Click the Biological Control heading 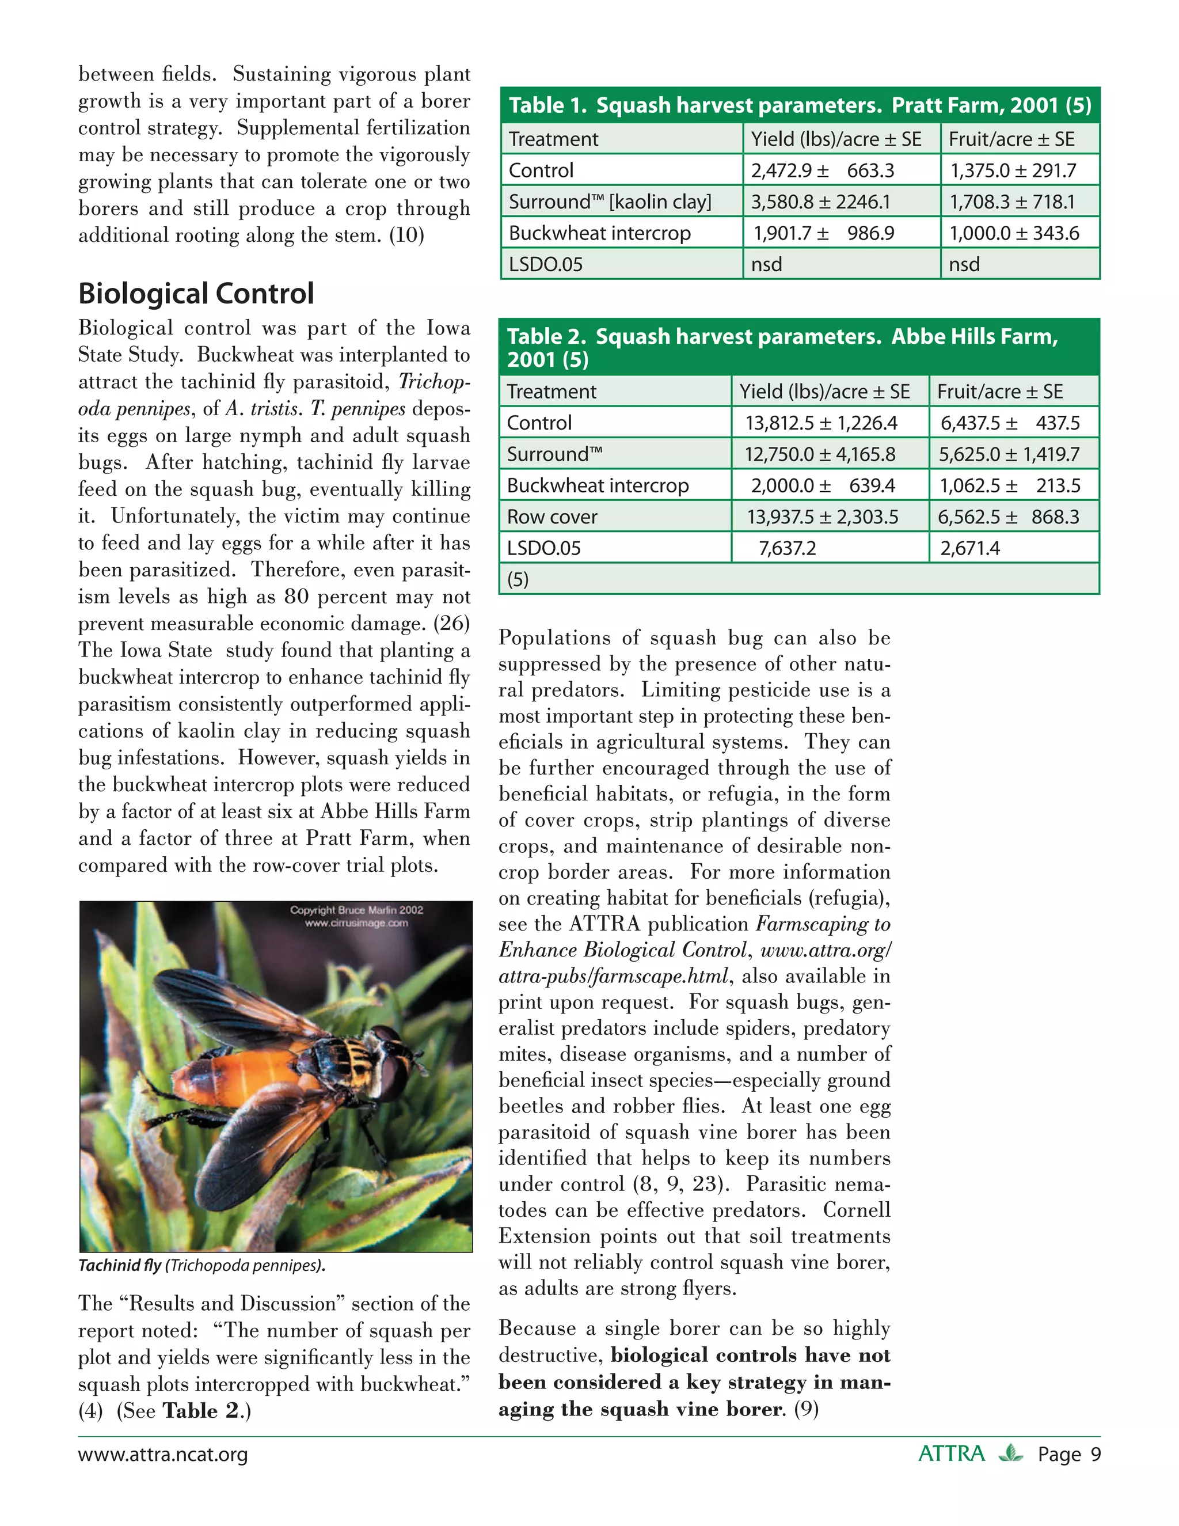pyautogui.click(x=196, y=294)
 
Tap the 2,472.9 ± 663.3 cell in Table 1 pyautogui.click(x=822, y=170)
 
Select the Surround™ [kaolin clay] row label pyautogui.click(x=610, y=202)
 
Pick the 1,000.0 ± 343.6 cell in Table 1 pyautogui.click(x=1013, y=233)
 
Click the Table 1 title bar pyautogui.click(x=800, y=105)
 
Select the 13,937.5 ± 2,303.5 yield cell pyautogui.click(x=822, y=517)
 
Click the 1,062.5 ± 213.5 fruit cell pyautogui.click(x=1009, y=485)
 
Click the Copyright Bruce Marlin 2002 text pyautogui.click(x=356, y=910)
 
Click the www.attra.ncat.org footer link pyautogui.click(x=163, y=1455)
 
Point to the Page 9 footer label pyautogui.click(x=1068, y=1455)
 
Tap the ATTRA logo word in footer pyautogui.click(x=951, y=1454)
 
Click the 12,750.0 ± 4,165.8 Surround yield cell pyautogui.click(x=819, y=455)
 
